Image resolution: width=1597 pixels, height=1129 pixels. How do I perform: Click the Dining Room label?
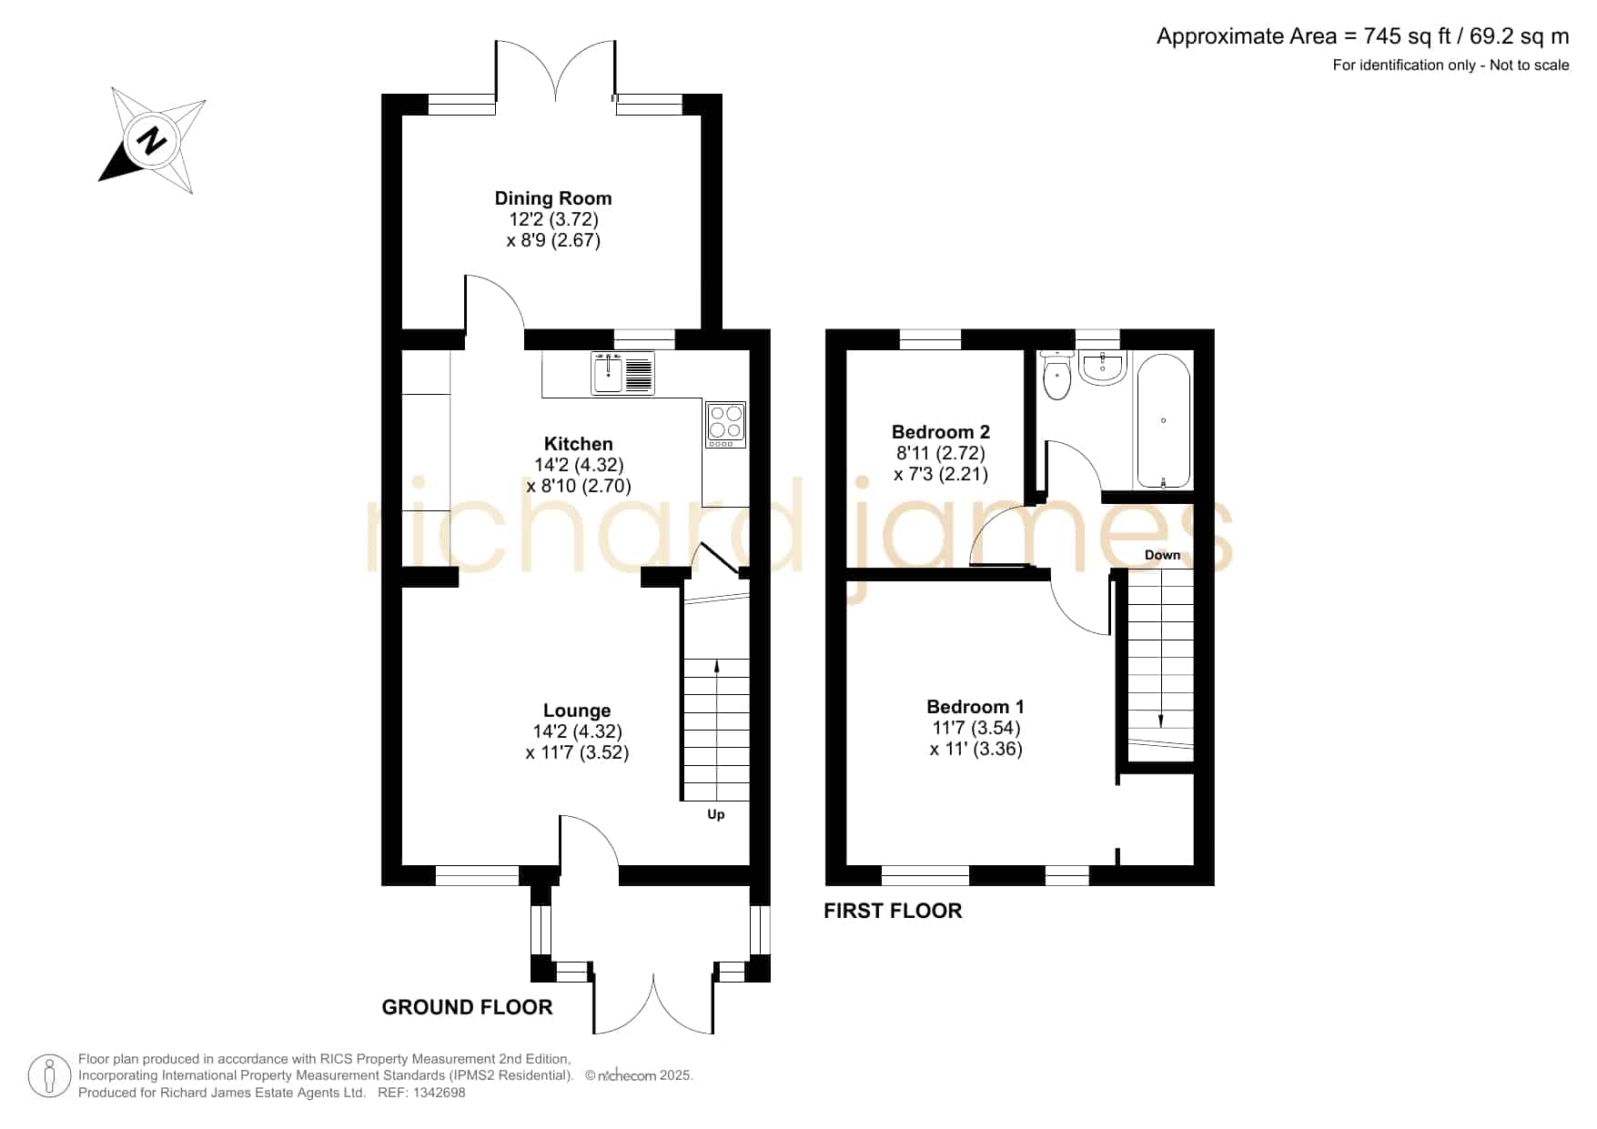coord(553,198)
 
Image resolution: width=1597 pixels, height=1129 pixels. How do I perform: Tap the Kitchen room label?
coord(579,444)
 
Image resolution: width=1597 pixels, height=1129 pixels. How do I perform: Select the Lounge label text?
coord(577,711)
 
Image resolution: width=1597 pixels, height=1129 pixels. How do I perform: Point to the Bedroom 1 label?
coord(975,707)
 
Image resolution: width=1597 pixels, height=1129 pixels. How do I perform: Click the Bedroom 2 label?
coord(941,432)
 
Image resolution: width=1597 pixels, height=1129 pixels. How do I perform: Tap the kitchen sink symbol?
coord(622,373)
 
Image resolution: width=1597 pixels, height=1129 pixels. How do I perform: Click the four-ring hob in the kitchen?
coord(726,425)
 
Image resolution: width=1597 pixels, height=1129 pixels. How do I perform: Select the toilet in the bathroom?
coord(1056,376)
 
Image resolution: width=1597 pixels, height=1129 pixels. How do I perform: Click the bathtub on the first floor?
coord(1163,421)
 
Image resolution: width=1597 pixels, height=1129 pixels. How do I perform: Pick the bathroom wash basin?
coord(1103,368)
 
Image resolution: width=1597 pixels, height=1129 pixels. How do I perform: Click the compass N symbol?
coord(152,141)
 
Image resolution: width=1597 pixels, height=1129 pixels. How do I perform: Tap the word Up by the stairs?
coord(716,814)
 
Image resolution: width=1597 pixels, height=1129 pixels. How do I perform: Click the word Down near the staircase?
coord(1162,555)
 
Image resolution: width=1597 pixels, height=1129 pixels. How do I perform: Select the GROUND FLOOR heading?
coord(467,1007)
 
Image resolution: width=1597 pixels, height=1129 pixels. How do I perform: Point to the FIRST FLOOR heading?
coord(893,911)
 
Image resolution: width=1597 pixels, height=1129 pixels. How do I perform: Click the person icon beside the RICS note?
coord(49,1076)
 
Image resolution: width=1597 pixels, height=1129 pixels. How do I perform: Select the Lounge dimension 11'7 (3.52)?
coord(577,752)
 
